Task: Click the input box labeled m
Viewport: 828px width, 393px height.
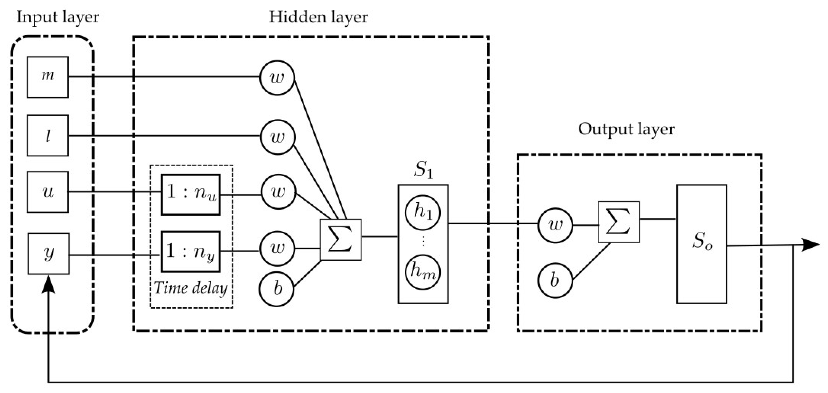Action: click(x=47, y=77)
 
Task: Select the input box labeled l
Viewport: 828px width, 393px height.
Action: click(x=47, y=135)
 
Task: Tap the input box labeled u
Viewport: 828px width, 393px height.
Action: click(x=47, y=192)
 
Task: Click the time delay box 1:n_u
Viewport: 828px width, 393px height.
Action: click(x=191, y=195)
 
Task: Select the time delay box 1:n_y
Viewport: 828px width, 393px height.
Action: click(x=191, y=251)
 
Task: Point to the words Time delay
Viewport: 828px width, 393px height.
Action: click(x=191, y=288)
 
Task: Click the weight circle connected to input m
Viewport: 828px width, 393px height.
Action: click(x=277, y=77)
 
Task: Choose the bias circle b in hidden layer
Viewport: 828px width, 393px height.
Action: click(x=277, y=289)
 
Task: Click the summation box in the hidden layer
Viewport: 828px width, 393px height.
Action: click(x=341, y=240)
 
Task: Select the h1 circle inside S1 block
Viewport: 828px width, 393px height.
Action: click(x=423, y=212)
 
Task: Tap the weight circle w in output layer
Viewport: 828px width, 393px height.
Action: click(x=555, y=225)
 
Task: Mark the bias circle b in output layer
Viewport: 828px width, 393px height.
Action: click(x=555, y=280)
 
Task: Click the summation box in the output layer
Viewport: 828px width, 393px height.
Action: click(x=619, y=222)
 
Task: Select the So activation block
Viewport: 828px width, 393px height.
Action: click(x=702, y=244)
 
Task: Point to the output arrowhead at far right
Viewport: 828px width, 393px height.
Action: click(x=811, y=245)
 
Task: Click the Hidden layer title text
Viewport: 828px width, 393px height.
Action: click(x=318, y=17)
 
